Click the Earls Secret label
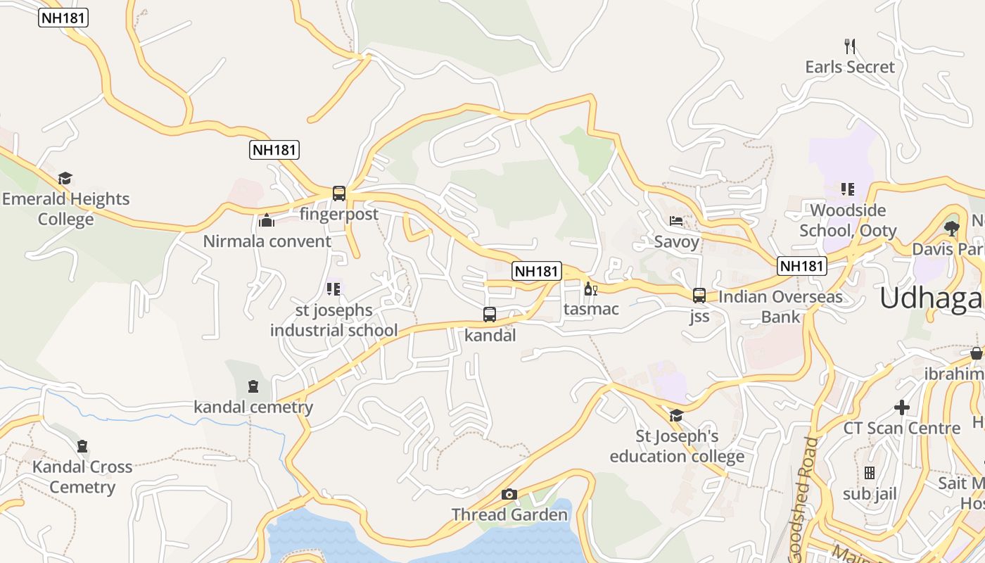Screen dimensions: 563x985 pyautogui.click(x=850, y=67)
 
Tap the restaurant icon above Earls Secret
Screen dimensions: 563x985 pyautogui.click(x=850, y=46)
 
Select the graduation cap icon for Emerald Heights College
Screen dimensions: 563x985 pyautogui.click(x=65, y=179)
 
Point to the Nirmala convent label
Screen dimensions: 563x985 pyautogui.click(x=267, y=241)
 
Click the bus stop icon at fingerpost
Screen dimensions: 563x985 pyautogui.click(x=339, y=193)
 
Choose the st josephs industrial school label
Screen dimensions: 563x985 pyautogui.click(x=333, y=320)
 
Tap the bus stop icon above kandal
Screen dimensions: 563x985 pyautogui.click(x=490, y=315)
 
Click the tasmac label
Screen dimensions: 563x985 pyautogui.click(x=591, y=309)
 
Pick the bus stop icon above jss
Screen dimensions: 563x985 pyautogui.click(x=699, y=296)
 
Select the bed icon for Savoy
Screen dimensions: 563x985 pyautogui.click(x=676, y=221)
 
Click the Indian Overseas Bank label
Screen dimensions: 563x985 pyautogui.click(x=780, y=307)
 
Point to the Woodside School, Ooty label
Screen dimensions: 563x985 pyautogui.click(x=848, y=220)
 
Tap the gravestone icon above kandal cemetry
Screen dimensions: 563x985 pyautogui.click(x=253, y=386)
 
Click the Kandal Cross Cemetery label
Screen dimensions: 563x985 pyautogui.click(x=82, y=476)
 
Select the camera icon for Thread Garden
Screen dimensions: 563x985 pyautogui.click(x=509, y=494)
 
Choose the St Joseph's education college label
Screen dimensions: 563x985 pyautogui.click(x=677, y=446)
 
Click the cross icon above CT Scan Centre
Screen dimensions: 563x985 pyautogui.click(x=902, y=407)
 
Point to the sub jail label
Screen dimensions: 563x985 pyautogui.click(x=870, y=494)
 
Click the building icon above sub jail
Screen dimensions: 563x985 pyautogui.click(x=870, y=473)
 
